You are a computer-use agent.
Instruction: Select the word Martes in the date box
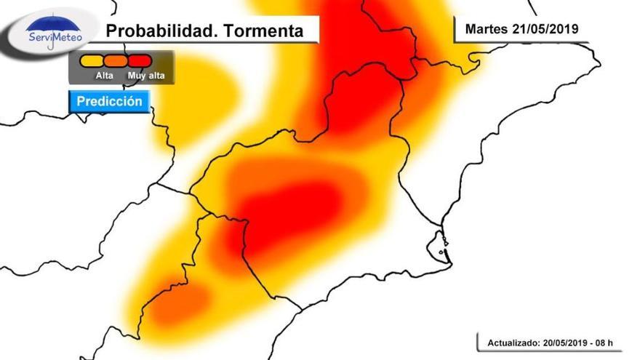484,29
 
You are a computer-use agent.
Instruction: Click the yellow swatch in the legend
91,60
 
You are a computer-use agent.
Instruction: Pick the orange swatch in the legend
116,60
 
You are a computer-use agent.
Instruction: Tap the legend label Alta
104,75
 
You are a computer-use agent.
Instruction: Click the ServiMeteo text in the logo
55,36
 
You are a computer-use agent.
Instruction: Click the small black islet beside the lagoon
441,253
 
